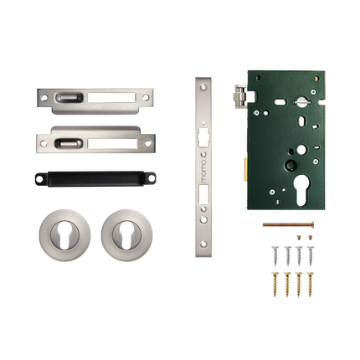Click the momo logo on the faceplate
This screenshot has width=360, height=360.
point(203,171)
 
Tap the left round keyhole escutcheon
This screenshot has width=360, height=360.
point(64,235)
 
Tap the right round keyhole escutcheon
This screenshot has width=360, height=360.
point(126,235)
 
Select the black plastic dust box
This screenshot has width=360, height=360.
point(95,178)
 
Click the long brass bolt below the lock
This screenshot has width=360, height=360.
point(288,224)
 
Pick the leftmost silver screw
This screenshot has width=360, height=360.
point(275,255)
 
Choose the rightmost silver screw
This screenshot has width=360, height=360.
point(310,255)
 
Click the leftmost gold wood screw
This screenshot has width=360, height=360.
point(275,284)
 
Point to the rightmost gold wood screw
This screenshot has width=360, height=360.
point(310,284)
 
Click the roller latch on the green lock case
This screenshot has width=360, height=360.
point(240,96)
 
